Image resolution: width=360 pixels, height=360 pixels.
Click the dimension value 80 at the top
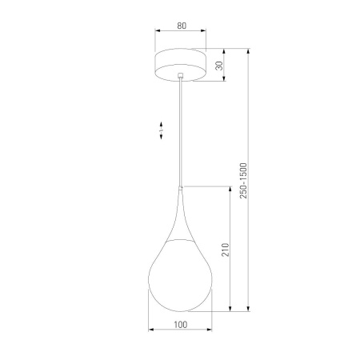(x=181, y=26)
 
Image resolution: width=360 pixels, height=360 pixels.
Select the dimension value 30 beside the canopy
(x=219, y=65)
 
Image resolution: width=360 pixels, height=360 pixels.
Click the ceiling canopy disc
(x=181, y=65)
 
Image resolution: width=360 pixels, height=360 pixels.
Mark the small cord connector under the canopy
(x=182, y=77)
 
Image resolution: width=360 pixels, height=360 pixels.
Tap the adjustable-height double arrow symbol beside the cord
(x=161, y=128)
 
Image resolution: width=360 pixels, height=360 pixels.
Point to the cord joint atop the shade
(x=182, y=188)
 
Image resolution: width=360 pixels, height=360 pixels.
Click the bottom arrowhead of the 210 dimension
(x=232, y=309)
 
